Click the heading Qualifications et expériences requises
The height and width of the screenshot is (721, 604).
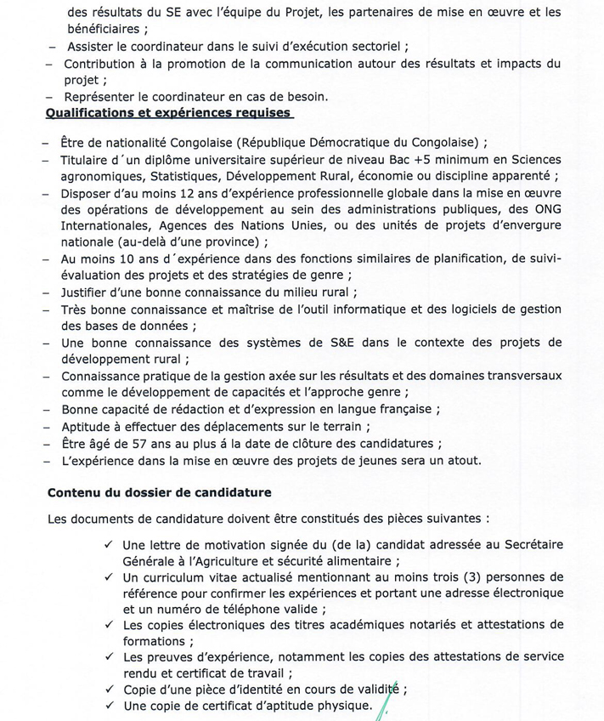168,113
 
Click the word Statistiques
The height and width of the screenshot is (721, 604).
184,177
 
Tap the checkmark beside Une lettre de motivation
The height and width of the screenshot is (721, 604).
108,545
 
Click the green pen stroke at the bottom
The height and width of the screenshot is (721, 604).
387,704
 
